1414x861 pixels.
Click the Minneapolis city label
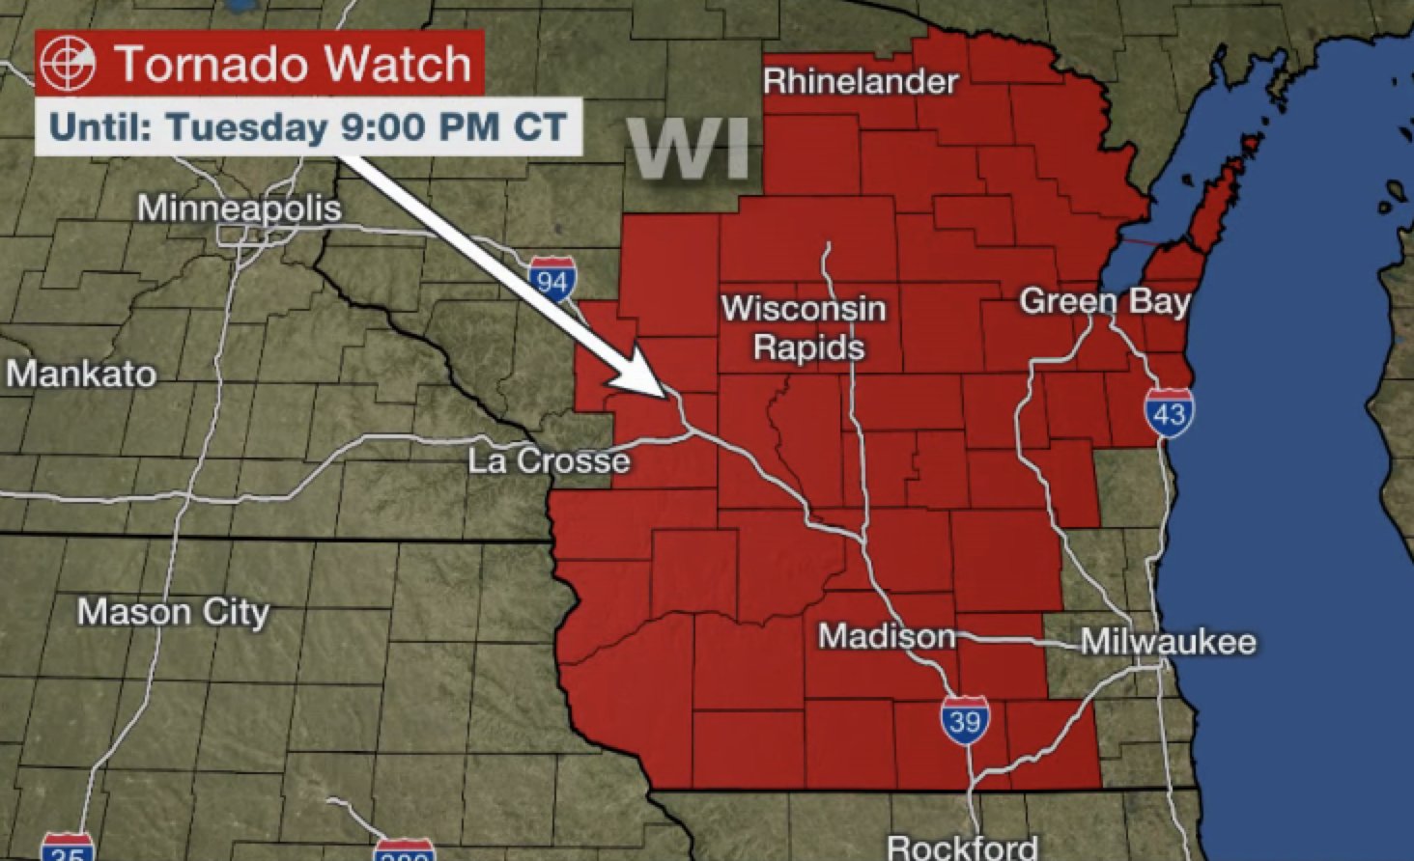240,208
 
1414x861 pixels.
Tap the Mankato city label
82,374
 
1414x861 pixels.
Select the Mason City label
173,611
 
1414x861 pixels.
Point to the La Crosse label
549,460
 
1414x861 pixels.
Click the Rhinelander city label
861,81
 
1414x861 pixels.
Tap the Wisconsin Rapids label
805,327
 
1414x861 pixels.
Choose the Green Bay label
1105,301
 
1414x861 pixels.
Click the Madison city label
887,636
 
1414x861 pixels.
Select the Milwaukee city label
1168,642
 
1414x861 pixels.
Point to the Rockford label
962,847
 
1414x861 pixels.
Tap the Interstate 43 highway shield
1169,412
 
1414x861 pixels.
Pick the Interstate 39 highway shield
965,719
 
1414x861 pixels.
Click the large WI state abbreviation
691,150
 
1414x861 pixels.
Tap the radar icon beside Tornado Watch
69,63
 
